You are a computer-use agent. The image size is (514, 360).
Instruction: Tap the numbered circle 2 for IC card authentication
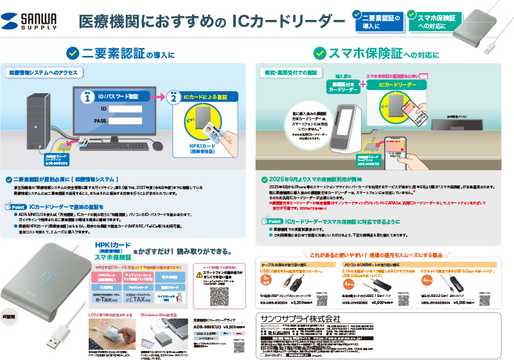click(173, 98)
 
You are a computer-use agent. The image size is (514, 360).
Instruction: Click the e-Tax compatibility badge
click(105, 298)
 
